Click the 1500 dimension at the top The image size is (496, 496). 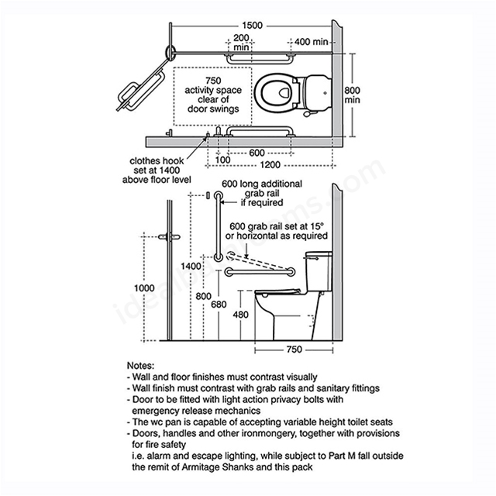pos(252,26)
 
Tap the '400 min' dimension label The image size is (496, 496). pos(311,42)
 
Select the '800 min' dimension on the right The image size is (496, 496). pos(352,95)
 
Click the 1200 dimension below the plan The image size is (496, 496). pos(270,165)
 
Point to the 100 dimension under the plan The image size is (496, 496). pos(222,160)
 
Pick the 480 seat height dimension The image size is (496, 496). pos(241,315)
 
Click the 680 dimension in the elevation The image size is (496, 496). pos(219,305)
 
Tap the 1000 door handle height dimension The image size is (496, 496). pos(144,288)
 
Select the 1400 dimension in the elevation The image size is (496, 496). pos(191,266)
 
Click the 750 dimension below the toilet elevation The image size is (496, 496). pos(294,350)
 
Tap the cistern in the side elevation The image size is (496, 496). pos(319,271)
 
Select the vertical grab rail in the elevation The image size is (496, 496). pos(218,226)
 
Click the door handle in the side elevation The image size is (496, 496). pos(170,236)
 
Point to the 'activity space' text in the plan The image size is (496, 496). pos(213,90)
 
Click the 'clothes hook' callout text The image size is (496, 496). pos(157,160)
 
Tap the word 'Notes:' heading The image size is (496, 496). pos(141,366)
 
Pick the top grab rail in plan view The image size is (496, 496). pos(260,59)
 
